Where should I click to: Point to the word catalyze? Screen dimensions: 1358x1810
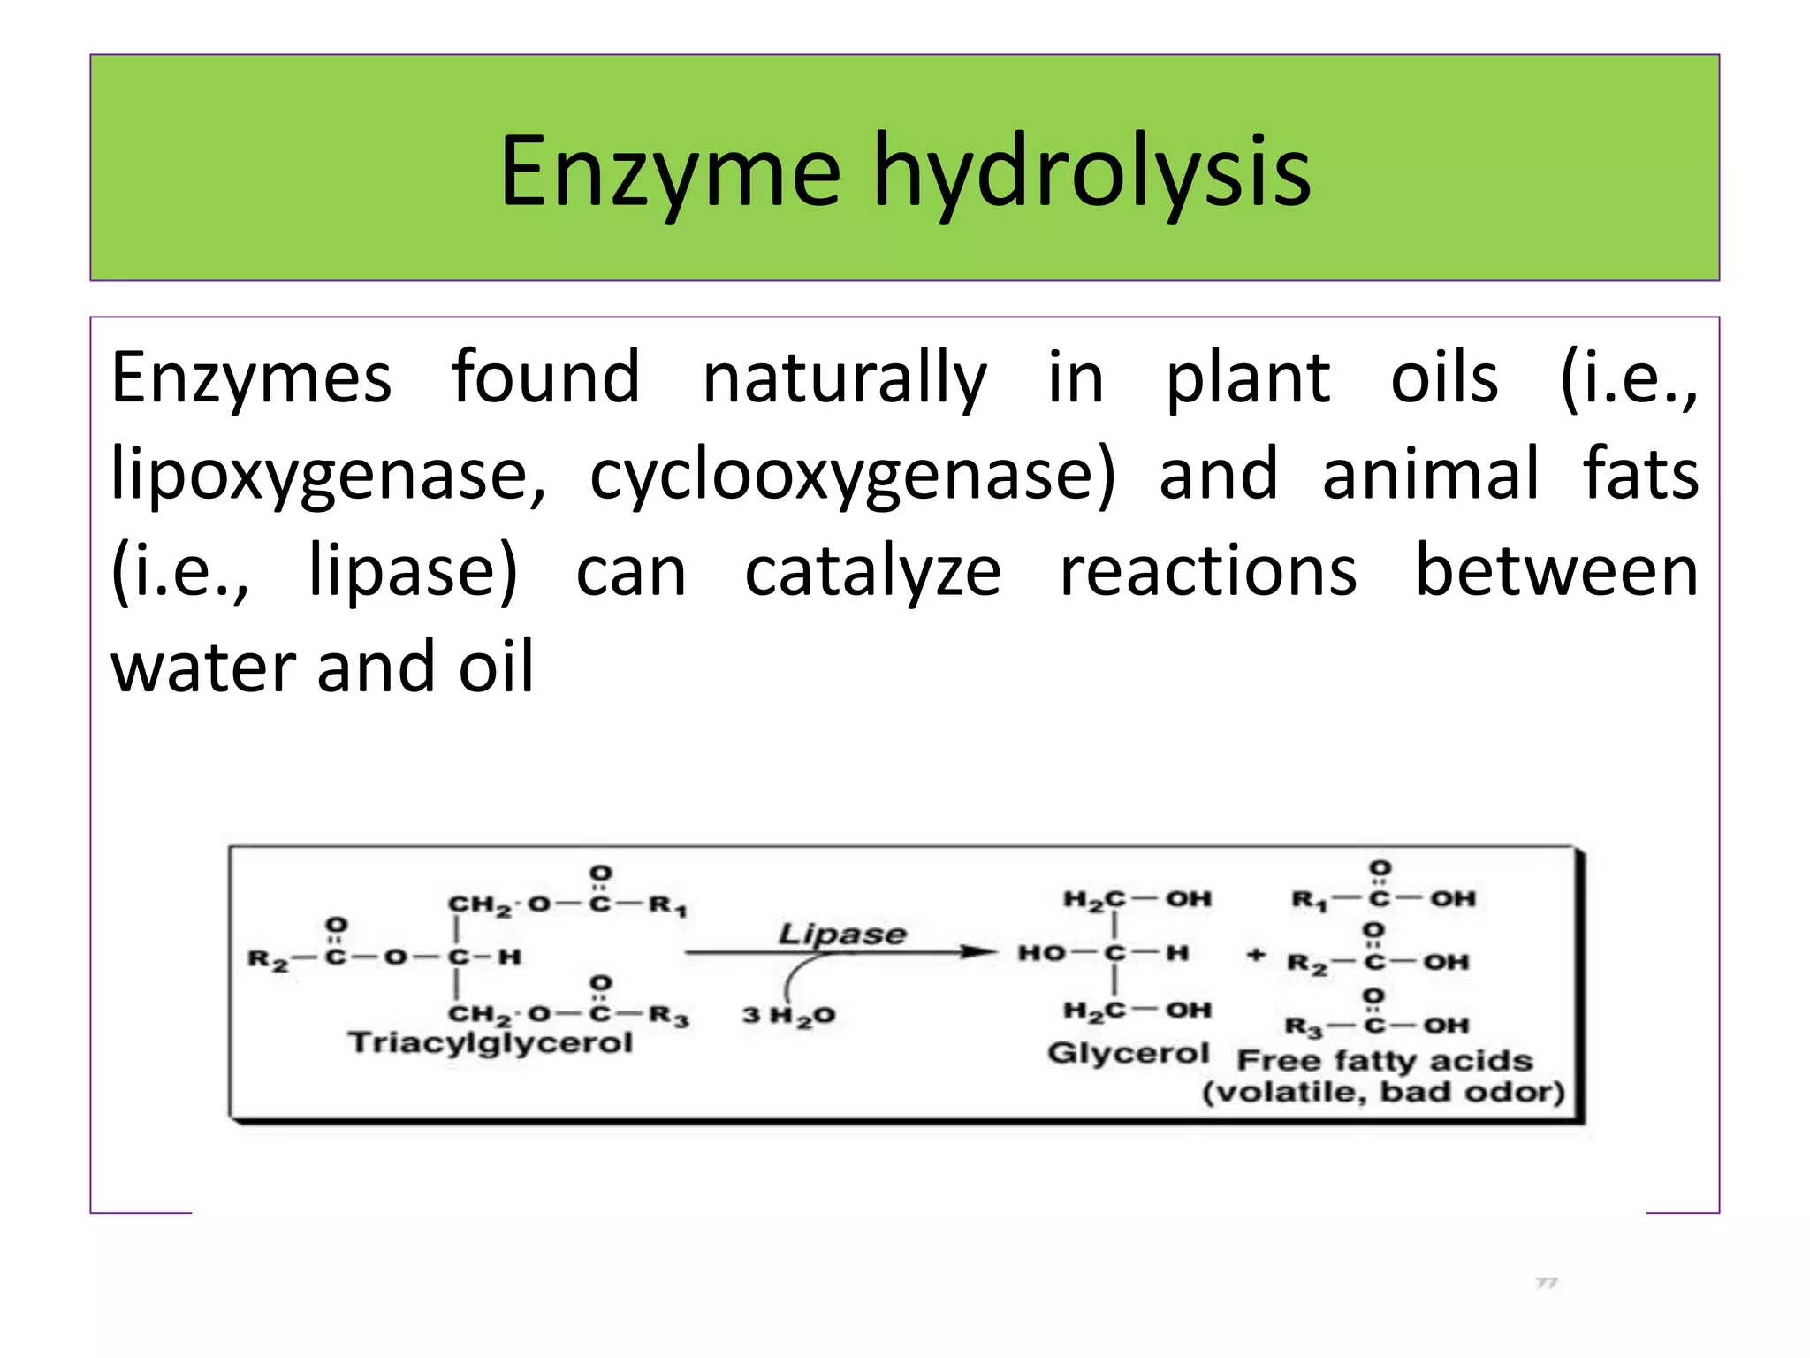[872, 573]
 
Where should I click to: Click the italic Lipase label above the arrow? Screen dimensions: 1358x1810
[841, 934]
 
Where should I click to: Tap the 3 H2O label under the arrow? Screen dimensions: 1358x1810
[788, 1015]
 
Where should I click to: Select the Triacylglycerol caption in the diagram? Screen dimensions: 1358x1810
[491, 1042]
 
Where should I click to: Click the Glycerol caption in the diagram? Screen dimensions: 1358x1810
[1128, 1053]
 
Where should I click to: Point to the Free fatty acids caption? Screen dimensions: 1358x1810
[1384, 1060]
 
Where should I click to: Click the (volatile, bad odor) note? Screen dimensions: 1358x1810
[1383, 1092]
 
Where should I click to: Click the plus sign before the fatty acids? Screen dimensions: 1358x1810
[1255, 955]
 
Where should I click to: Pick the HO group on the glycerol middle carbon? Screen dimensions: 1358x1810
[1041, 953]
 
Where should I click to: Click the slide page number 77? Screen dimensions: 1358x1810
[1546, 1282]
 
